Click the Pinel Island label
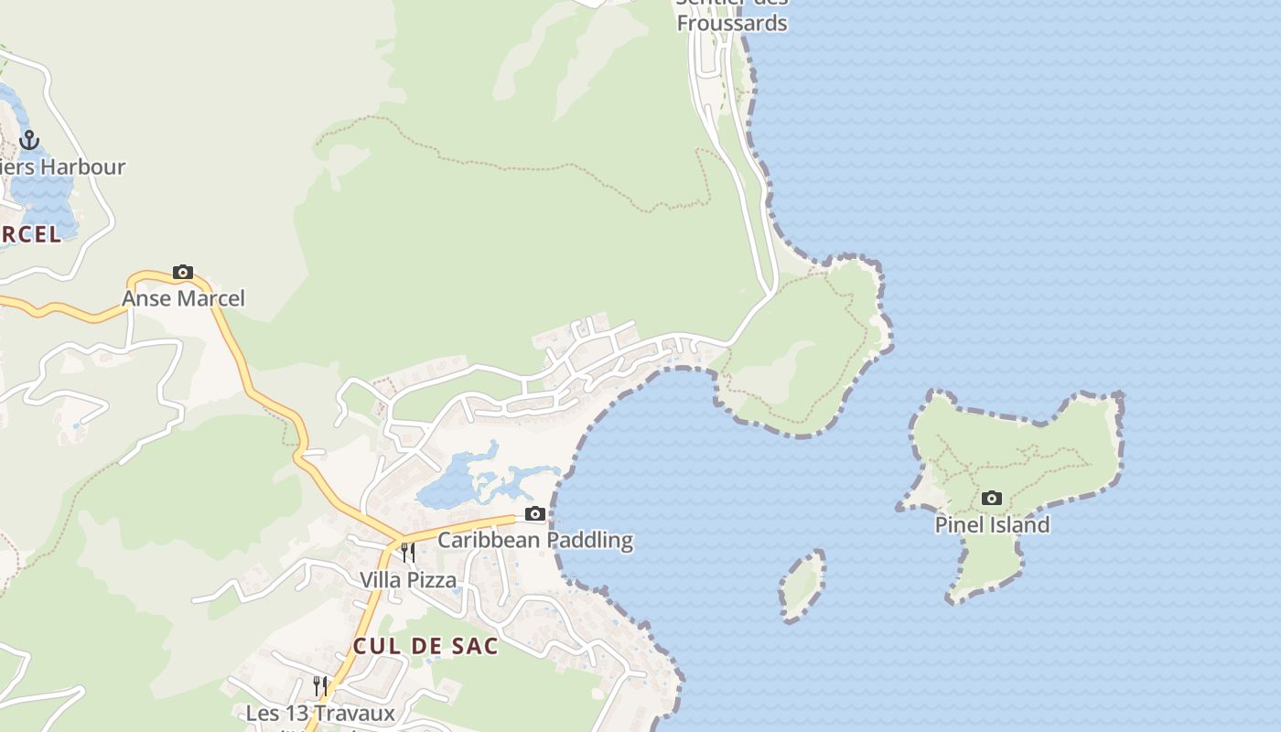click(992, 525)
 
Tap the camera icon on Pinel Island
click(992, 499)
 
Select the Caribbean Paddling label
click(534, 540)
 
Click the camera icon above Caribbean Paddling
click(535, 513)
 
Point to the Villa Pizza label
click(407, 580)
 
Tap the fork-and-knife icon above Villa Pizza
click(408, 553)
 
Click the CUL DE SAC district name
click(425, 646)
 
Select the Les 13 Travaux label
click(320, 713)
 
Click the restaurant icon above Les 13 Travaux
click(320, 685)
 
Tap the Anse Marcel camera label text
click(183, 299)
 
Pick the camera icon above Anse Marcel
click(183, 273)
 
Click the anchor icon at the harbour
click(29, 140)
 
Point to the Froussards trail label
click(732, 22)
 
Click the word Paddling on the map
click(589, 540)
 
